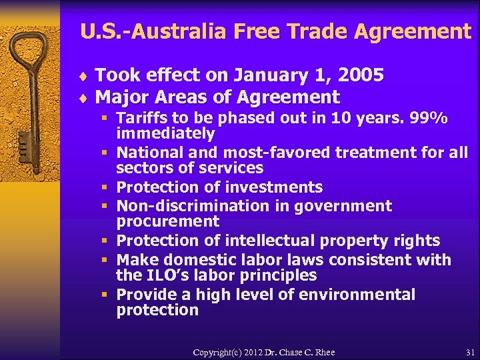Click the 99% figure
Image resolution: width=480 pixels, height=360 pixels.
(428, 119)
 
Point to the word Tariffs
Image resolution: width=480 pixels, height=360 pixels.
(142, 119)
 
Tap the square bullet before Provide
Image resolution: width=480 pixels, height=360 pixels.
(105, 295)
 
